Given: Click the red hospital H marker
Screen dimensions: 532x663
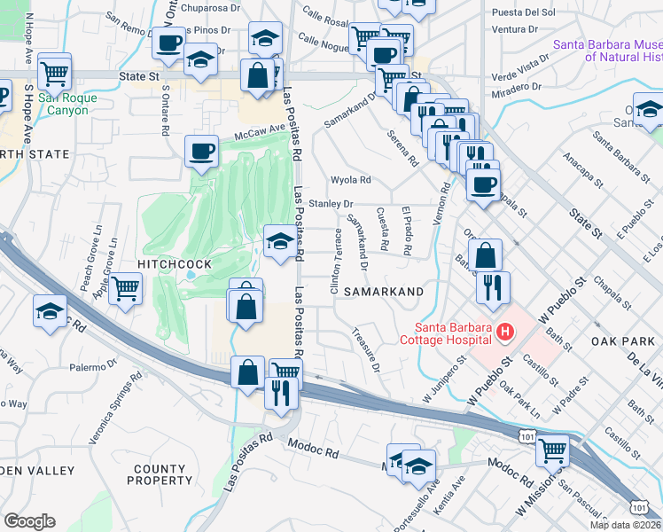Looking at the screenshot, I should point(505,332).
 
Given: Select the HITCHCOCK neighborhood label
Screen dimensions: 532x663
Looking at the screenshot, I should point(174,265).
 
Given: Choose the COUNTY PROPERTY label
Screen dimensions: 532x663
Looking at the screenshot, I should point(162,474).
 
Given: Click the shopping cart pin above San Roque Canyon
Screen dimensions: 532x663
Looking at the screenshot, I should point(55,72).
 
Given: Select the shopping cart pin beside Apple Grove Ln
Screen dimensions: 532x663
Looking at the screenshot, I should point(126,288).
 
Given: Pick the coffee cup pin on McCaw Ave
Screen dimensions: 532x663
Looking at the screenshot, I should point(202,150).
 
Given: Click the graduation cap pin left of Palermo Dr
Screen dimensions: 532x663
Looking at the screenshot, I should point(51,310).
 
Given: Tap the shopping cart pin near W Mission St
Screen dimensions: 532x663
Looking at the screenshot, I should point(552,450).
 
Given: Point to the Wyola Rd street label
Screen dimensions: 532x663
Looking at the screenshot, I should point(350,180).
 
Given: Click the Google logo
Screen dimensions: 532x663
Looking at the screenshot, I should point(29,521).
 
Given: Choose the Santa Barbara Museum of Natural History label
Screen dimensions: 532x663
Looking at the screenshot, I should point(607,51).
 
